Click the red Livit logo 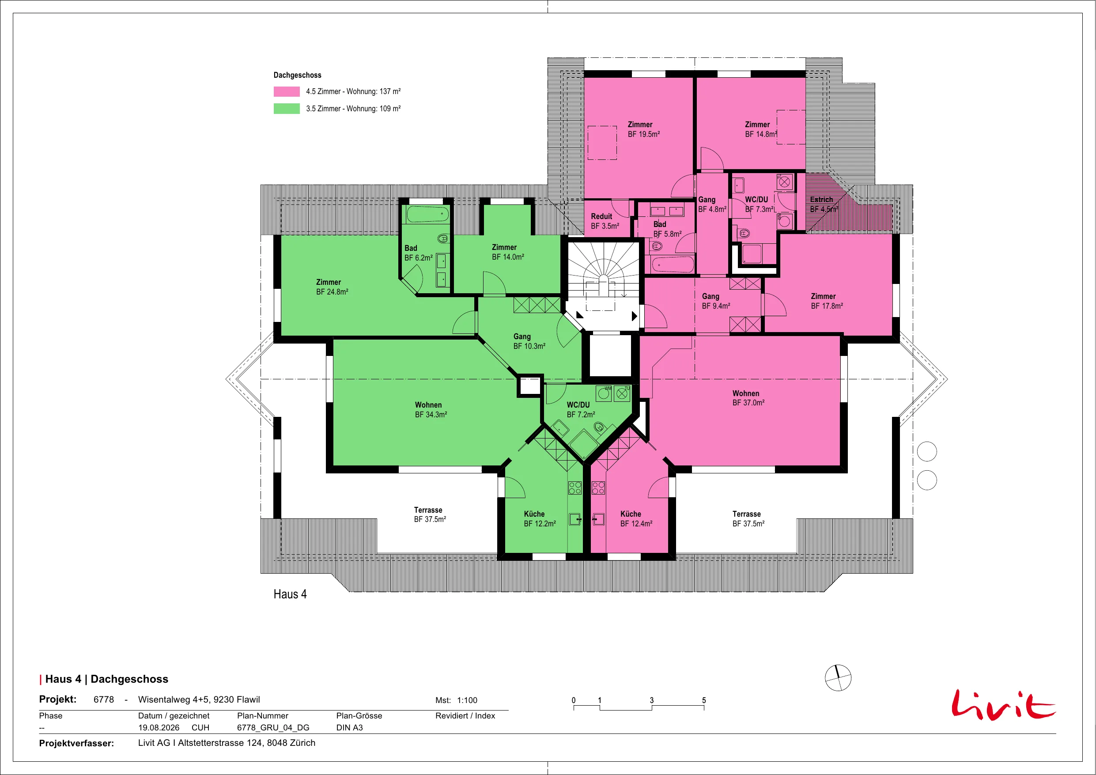coord(1003,704)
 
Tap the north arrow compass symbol coord(838,677)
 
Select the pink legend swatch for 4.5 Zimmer coord(287,91)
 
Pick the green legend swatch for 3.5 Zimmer coord(287,108)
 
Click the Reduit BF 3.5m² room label coord(605,221)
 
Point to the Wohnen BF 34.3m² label coord(431,410)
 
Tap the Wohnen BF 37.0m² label coord(748,398)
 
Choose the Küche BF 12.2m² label coord(540,518)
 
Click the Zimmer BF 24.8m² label coord(332,287)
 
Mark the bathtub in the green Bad coord(428,215)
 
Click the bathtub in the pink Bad coord(673,264)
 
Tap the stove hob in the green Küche coord(575,488)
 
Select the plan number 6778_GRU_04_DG coord(273,727)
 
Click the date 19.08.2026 coord(159,727)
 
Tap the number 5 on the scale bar coord(703,700)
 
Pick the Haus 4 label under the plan coord(290,594)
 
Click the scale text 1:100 coord(467,700)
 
